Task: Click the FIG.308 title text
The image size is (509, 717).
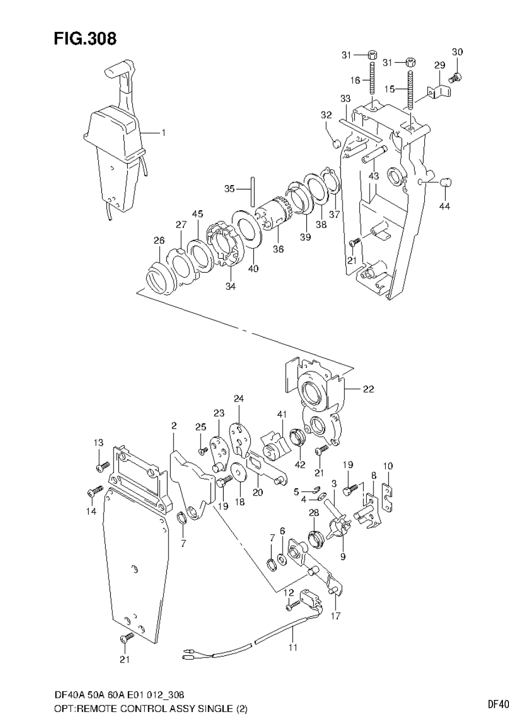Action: [85, 39]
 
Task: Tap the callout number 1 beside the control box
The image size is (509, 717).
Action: [163, 133]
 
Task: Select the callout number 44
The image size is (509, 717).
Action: [445, 206]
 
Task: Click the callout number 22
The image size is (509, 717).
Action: [368, 389]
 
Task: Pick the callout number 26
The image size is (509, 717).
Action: [159, 240]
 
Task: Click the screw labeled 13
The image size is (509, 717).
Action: [100, 468]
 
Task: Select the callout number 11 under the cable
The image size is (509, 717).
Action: [292, 648]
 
